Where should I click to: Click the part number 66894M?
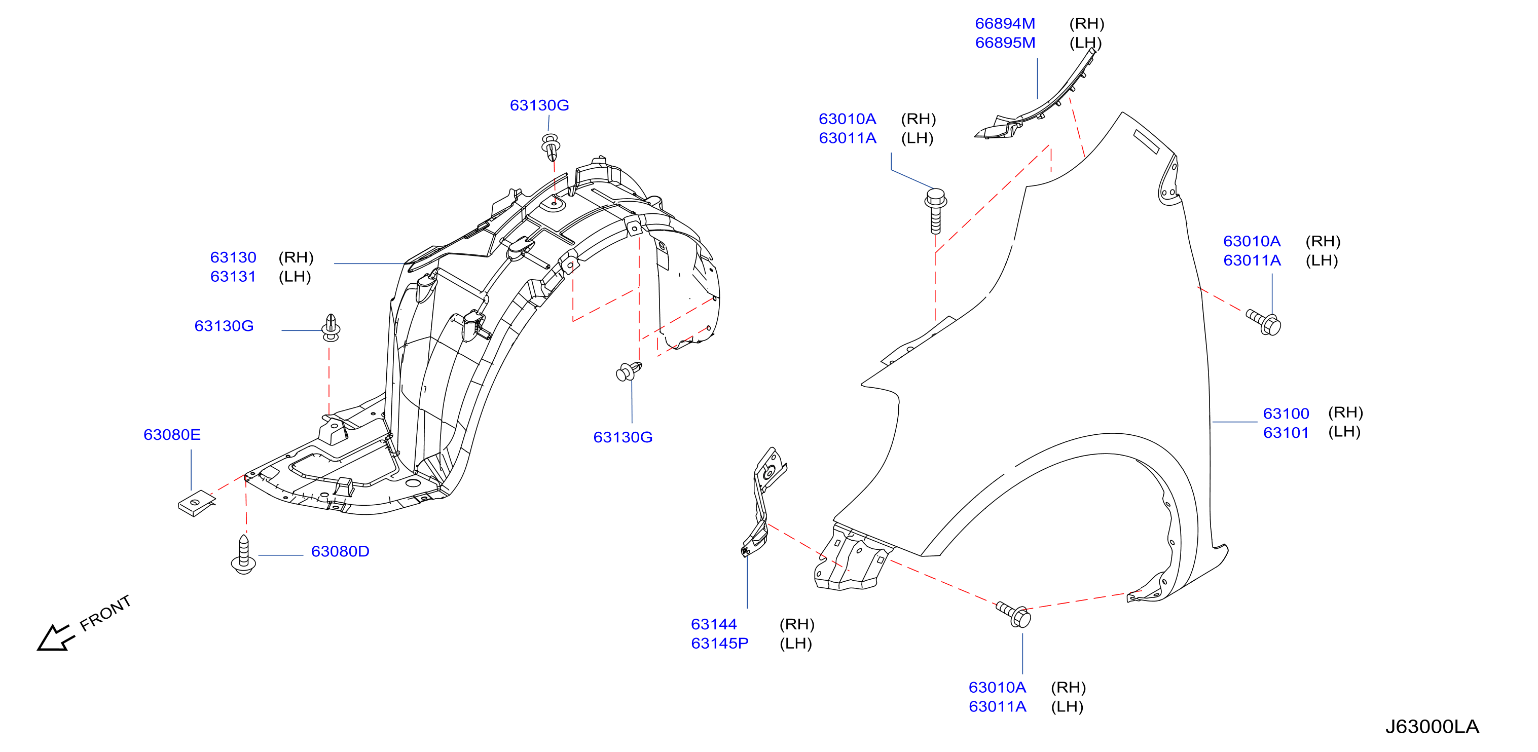[1005, 24]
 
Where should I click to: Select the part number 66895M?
[1005, 43]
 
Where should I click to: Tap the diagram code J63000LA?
[1432, 726]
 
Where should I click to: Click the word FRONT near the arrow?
[105, 613]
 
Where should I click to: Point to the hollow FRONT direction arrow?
[56, 638]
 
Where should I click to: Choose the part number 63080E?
[172, 434]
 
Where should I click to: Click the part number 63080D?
[340, 551]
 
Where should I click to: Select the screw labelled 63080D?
[244, 554]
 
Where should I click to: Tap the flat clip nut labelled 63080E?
[196, 503]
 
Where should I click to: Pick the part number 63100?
[1286, 413]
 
